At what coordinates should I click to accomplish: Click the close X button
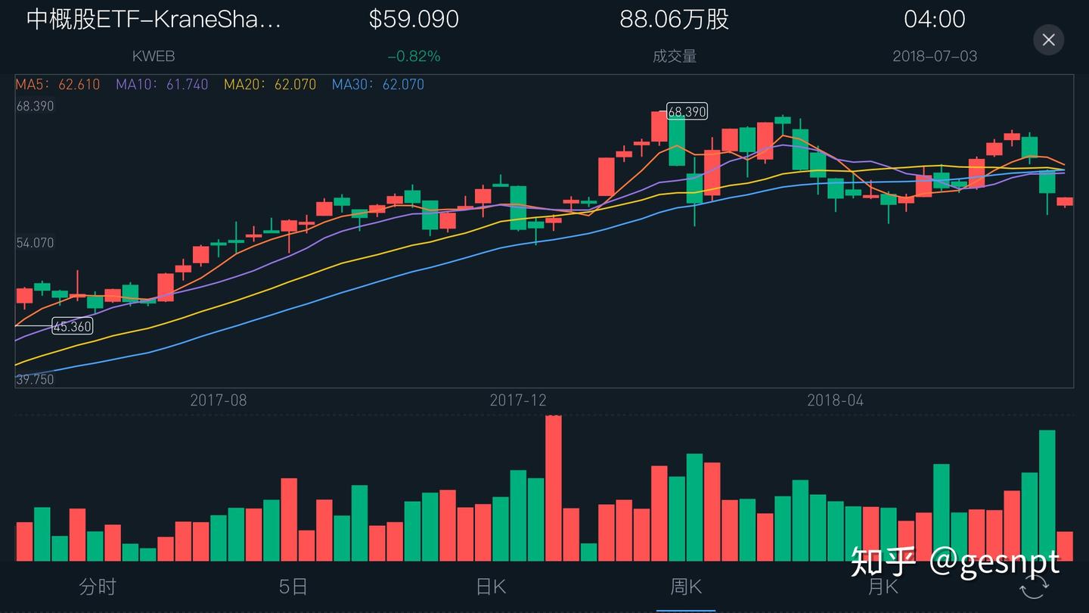(1048, 40)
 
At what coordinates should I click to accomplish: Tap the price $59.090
(414, 20)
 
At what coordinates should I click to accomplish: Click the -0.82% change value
(414, 57)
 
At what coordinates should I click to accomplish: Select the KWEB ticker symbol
(154, 57)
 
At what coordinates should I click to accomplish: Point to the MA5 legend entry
(57, 85)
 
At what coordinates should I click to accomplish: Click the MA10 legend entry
(162, 85)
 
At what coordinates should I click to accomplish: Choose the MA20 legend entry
(270, 85)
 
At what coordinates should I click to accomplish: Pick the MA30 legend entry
(378, 85)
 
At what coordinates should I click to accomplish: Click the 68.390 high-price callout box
(687, 112)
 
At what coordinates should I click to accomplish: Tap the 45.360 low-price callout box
(73, 327)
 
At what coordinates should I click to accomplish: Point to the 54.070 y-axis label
(36, 243)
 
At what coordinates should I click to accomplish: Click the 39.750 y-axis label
(36, 379)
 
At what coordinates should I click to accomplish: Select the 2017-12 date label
(518, 400)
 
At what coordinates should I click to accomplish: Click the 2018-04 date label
(835, 400)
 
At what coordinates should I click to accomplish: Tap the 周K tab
(686, 587)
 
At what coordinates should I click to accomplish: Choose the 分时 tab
(98, 587)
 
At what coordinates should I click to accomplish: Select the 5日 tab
(293, 587)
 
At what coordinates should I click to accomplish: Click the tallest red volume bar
(554, 488)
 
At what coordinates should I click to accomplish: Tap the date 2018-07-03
(935, 57)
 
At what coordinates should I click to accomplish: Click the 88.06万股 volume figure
(674, 20)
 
